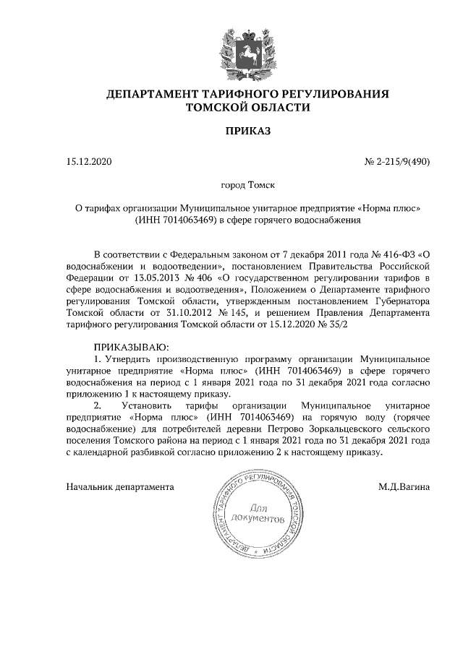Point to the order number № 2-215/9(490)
396,162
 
